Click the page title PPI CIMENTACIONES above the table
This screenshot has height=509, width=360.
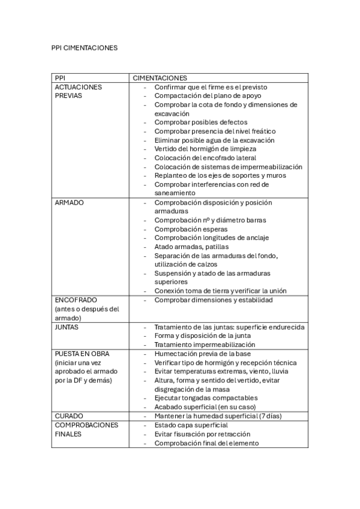(x=85, y=47)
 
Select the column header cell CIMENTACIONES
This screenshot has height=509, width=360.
(x=160, y=78)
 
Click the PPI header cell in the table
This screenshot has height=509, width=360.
(x=60, y=78)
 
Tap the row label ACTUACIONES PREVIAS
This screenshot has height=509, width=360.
(x=78, y=91)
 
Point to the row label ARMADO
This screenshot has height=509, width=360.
(x=69, y=202)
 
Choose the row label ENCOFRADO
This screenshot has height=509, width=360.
(x=76, y=300)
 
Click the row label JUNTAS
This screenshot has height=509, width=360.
(x=67, y=327)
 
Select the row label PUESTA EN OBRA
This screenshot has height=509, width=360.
(x=82, y=354)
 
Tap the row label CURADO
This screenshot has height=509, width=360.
(x=68, y=415)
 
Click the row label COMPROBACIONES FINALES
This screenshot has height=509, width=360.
(x=86, y=429)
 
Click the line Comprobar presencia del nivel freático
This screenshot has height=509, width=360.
(x=214, y=131)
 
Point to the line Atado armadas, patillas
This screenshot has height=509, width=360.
(x=191, y=247)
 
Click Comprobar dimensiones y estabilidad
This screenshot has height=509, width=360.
(x=213, y=300)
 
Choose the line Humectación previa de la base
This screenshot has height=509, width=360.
(x=202, y=354)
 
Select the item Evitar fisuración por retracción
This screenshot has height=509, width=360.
(x=202, y=433)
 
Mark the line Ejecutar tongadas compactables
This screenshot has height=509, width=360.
(x=206, y=397)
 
